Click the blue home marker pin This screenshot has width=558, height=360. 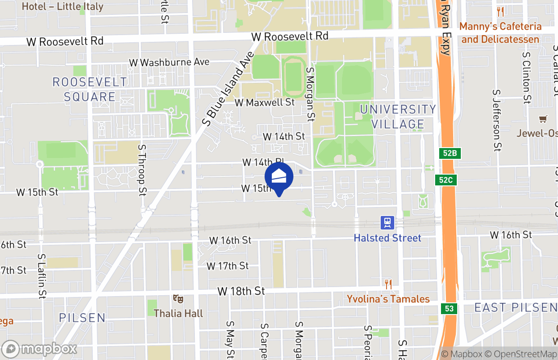pos(279,177)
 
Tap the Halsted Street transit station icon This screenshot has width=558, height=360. pos(387,222)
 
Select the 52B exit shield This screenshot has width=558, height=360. pos(450,153)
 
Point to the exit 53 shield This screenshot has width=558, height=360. pos(450,309)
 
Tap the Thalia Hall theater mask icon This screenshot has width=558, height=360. pos(178,298)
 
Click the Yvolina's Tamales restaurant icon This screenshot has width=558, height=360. pos(388,284)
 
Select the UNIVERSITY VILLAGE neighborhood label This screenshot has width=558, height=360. pos(398,117)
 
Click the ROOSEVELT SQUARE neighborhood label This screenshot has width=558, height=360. pos(90,89)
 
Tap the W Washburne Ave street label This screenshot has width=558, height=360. pos(169,62)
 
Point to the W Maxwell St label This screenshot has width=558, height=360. pos(265,103)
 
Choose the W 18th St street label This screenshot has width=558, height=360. pos(241,291)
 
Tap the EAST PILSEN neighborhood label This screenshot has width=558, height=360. pos(516,308)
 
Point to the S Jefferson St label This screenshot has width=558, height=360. pos(497,120)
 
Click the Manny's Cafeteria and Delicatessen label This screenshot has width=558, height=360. pos(500,33)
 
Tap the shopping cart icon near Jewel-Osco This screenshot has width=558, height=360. pos(543,119)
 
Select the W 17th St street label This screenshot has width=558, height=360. pos(228,266)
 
